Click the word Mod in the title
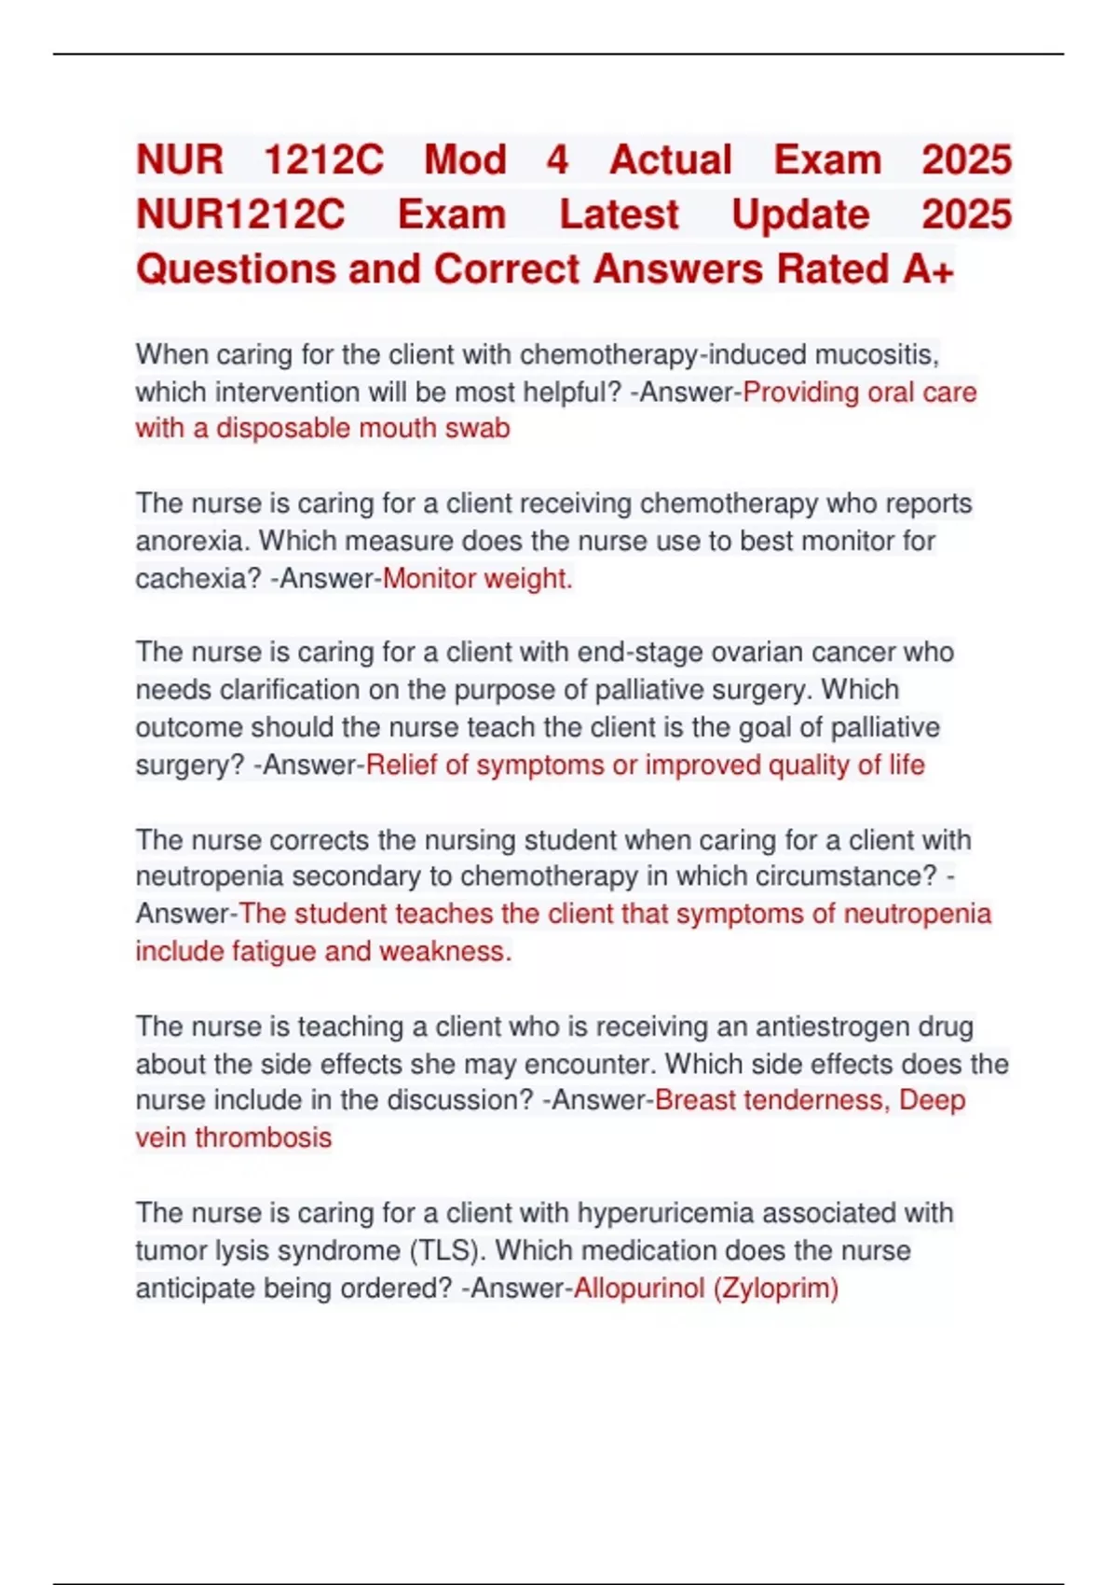click(465, 160)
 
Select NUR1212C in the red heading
click(240, 215)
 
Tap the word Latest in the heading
click(619, 215)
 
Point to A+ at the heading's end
click(928, 269)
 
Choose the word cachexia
click(198, 579)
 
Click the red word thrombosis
click(263, 1138)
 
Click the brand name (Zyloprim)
click(776, 1289)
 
